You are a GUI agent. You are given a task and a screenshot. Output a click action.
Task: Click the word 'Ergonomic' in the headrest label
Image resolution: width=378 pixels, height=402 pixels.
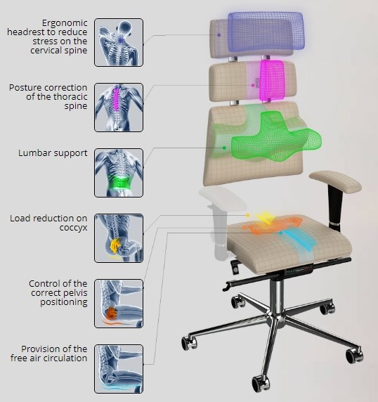65,23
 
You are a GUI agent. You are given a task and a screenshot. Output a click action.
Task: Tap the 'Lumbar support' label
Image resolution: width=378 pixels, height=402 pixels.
53,153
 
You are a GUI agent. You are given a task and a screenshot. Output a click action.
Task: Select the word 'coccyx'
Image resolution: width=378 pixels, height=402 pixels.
73,228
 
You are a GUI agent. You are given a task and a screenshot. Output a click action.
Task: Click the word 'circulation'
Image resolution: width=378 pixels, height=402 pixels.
65,358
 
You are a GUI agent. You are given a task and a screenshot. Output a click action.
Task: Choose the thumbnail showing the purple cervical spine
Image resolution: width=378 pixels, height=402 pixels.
119,42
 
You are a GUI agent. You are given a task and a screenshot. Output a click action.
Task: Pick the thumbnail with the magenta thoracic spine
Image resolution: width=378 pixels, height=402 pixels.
119,108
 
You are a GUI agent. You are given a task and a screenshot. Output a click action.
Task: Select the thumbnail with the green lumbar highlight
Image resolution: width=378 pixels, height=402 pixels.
119,173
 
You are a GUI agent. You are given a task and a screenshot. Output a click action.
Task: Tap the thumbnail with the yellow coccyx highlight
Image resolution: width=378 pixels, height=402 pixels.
119,238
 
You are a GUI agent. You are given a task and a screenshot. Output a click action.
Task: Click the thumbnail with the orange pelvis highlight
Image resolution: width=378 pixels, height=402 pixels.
119,304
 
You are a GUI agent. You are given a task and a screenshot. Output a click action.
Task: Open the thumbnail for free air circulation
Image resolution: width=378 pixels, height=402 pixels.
119,369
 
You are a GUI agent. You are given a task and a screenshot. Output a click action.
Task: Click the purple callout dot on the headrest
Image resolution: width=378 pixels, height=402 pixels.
219,35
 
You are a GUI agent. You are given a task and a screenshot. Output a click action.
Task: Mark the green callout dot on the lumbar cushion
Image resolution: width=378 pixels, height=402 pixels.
224,148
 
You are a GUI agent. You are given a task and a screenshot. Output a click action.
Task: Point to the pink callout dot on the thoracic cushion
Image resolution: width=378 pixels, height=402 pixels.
253,85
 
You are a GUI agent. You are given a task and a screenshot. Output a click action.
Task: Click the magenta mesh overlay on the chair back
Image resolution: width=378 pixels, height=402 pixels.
272,81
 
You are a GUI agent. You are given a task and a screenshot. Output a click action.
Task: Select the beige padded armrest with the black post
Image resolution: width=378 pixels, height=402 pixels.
335,181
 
